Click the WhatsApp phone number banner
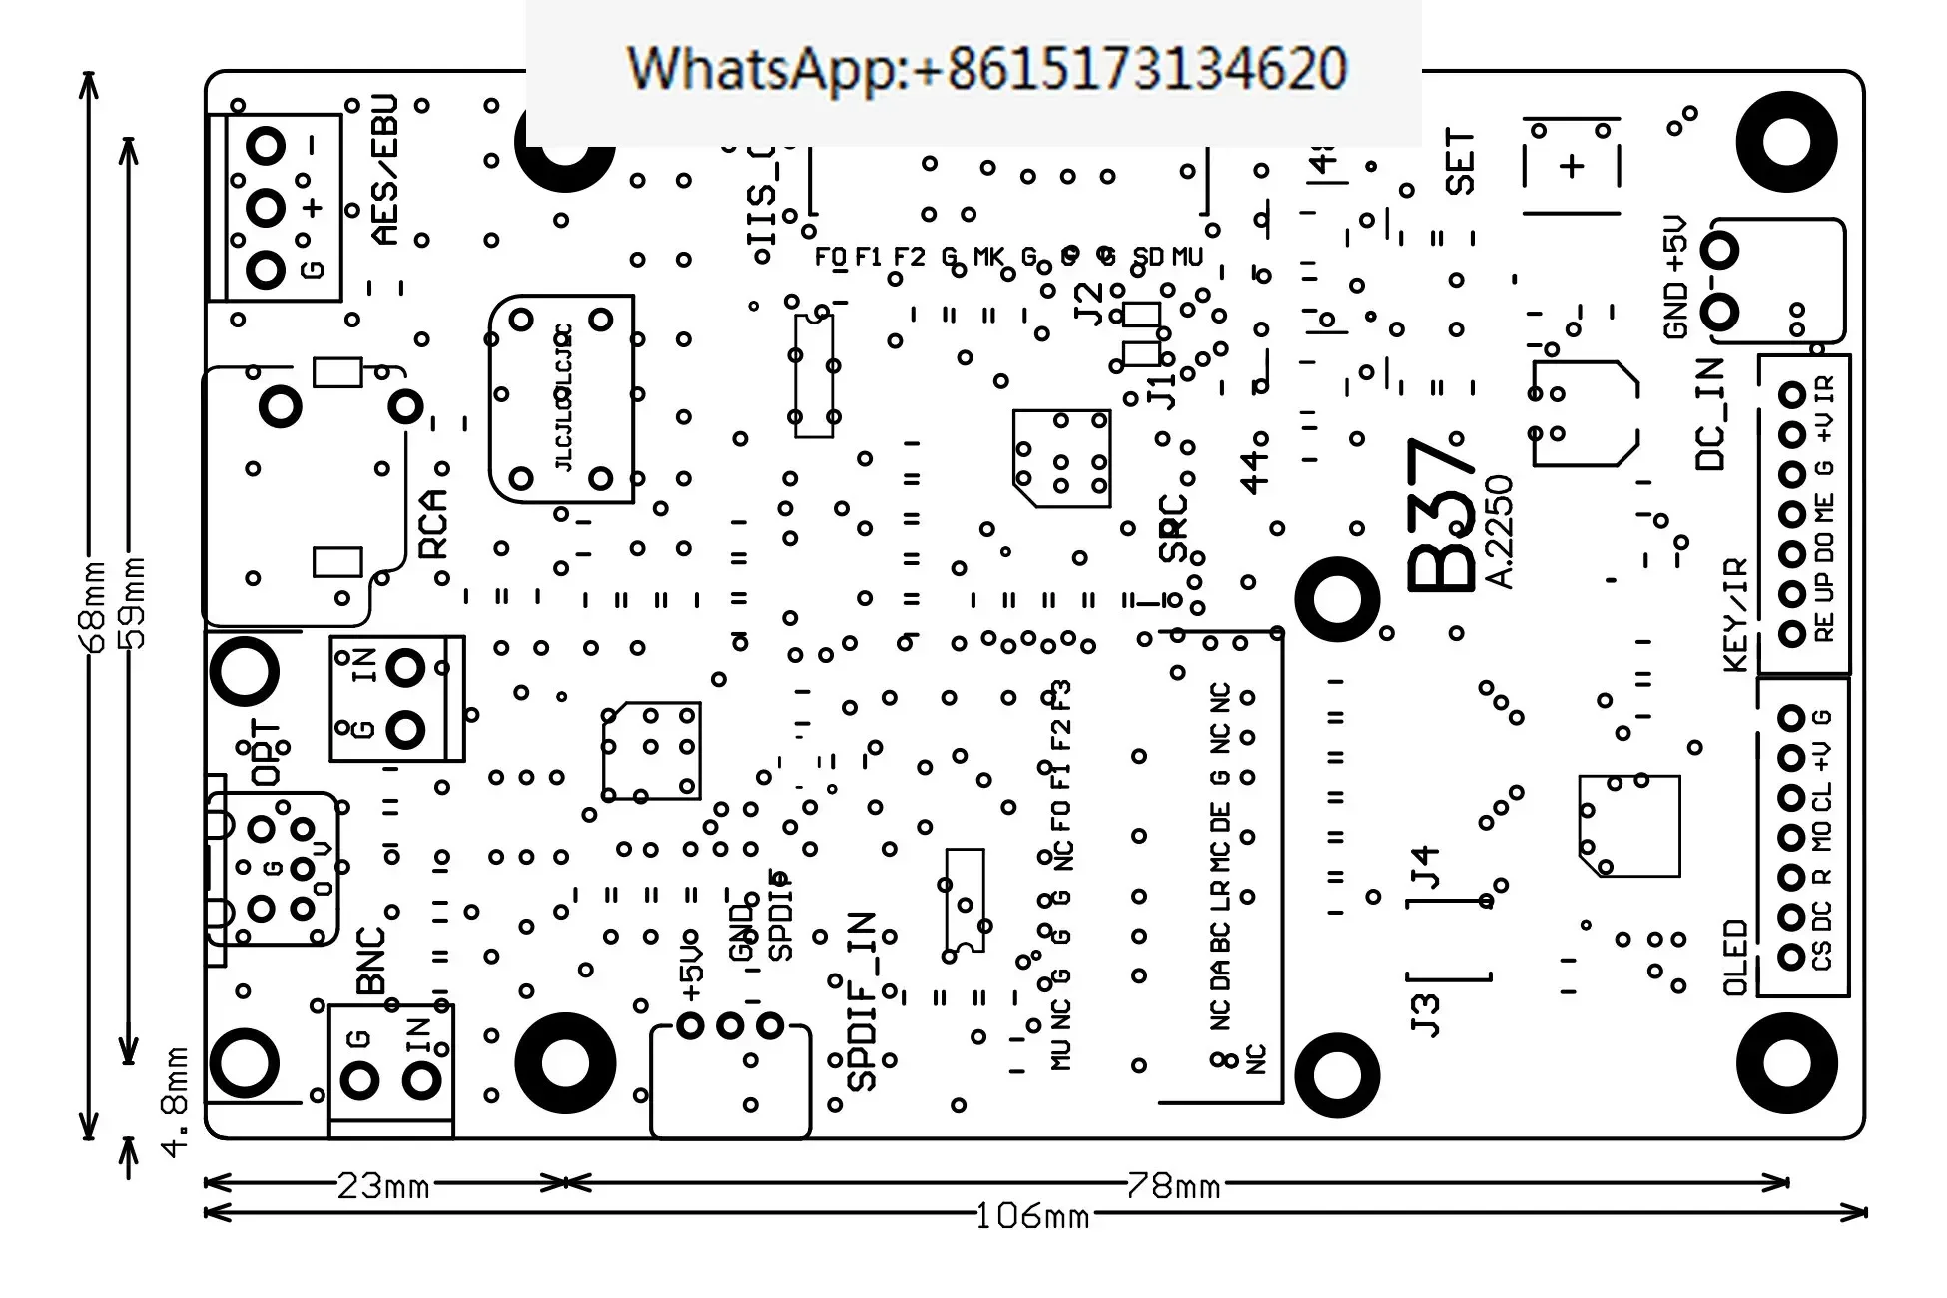click(986, 68)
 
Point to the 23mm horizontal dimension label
click(383, 1186)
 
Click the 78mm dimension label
click(1174, 1186)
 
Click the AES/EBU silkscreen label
click(384, 170)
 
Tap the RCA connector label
click(433, 523)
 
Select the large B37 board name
click(1440, 515)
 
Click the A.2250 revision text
click(1500, 532)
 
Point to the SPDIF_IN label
click(861, 1000)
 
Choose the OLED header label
click(1736, 958)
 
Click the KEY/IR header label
click(1736, 614)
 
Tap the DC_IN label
click(1710, 414)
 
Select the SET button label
click(1460, 162)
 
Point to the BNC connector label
click(370, 961)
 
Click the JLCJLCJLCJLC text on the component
click(564, 397)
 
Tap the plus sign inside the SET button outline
click(1572, 166)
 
